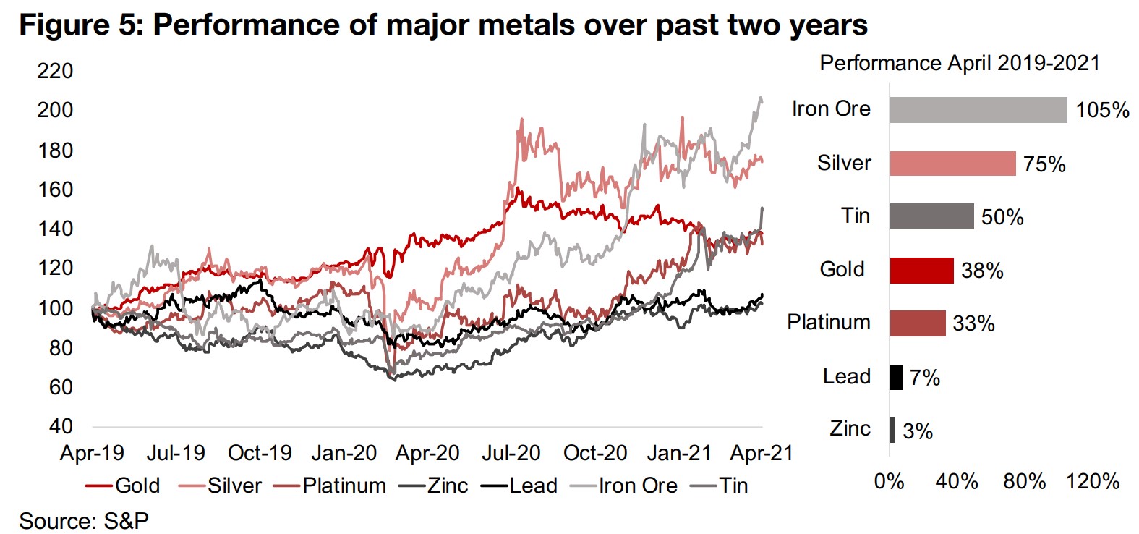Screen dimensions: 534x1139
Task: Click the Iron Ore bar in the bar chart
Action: pos(978,110)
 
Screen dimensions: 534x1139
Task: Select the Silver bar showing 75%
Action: pos(952,164)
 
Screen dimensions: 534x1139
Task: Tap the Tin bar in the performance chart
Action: pos(931,216)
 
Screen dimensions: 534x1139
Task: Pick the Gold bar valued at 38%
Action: pos(921,270)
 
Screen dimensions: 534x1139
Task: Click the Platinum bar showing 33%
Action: pos(917,323)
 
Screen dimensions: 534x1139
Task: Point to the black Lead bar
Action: pos(896,377)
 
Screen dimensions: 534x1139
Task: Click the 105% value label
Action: pos(1102,110)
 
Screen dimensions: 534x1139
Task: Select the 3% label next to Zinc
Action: pos(918,431)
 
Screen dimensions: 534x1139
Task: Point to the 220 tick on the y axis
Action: pos(55,71)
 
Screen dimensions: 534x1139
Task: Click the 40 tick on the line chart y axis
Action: pos(61,426)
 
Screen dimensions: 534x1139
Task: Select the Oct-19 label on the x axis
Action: pos(260,453)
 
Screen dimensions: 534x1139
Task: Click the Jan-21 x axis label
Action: pos(678,453)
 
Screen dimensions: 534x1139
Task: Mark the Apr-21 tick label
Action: pos(762,453)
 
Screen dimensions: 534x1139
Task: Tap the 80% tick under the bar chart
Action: pos(1025,481)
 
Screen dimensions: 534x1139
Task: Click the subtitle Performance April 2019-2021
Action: pos(960,63)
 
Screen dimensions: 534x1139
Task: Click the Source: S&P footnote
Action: pos(84,520)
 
